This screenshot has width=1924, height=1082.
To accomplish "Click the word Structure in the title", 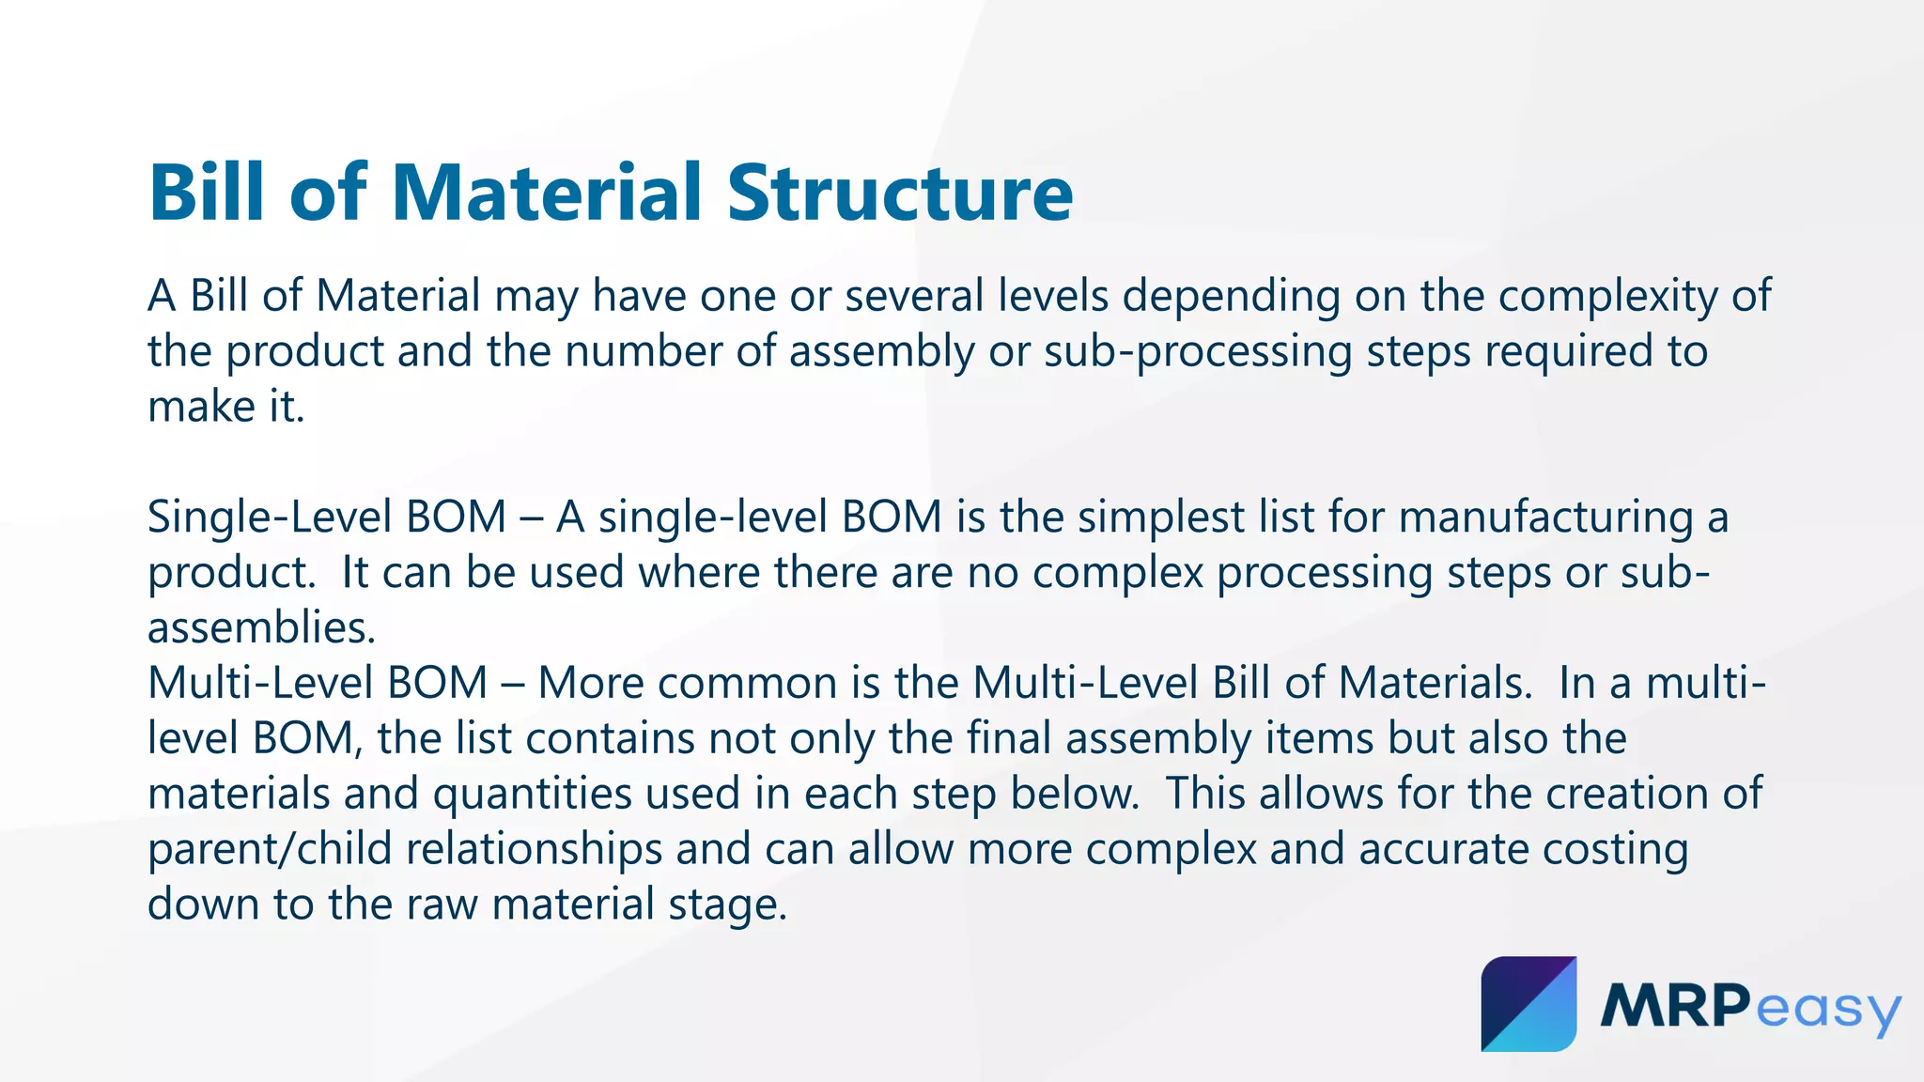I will pos(900,193).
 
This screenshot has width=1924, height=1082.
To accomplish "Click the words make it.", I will pos(226,408).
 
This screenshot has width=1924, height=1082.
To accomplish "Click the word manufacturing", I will pos(1546,518).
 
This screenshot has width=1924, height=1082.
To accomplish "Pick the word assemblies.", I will pos(261,628).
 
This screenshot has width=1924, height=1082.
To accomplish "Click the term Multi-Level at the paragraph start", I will pos(258,683).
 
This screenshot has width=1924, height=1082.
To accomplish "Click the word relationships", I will pos(535,849).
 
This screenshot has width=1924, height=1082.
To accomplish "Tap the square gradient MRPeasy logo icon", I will pos(1528,1004).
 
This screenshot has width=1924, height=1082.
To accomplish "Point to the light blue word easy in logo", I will pos(1827,1012).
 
